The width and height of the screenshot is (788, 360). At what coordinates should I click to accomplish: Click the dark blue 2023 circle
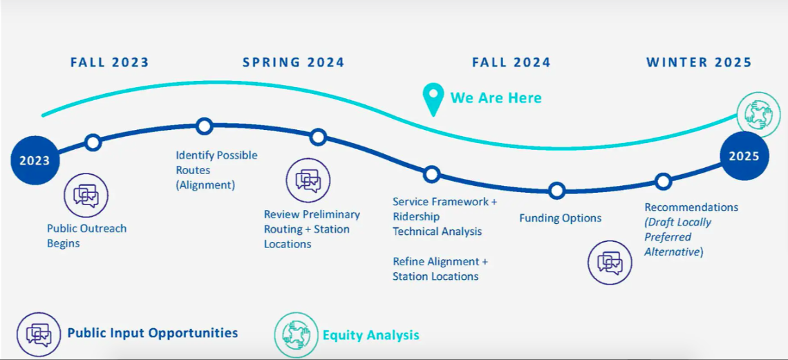[x=35, y=160]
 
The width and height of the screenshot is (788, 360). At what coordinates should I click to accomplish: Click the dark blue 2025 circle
[x=744, y=156]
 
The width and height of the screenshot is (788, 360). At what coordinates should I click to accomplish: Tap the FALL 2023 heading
[x=109, y=62]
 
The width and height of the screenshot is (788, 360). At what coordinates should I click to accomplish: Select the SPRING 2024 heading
[x=294, y=62]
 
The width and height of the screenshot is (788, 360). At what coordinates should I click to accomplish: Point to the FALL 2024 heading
[x=511, y=62]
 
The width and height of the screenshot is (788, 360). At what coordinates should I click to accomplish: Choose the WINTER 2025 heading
[x=699, y=62]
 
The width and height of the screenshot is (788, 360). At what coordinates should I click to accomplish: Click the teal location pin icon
[x=433, y=100]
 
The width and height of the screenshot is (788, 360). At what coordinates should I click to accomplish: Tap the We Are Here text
[x=496, y=97]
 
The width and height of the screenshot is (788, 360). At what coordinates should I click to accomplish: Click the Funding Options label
[x=561, y=218]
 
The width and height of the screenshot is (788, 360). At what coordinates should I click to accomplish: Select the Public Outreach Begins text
[x=87, y=236]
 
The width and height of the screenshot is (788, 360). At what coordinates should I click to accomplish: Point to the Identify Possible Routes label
[x=216, y=170]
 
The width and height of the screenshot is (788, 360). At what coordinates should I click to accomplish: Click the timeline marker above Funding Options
[x=557, y=191]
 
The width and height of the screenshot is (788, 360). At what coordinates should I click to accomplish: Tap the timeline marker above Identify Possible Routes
[x=204, y=126]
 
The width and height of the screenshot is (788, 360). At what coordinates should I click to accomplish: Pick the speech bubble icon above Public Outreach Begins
[x=86, y=196]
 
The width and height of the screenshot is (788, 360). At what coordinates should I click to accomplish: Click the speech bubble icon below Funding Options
[x=610, y=262]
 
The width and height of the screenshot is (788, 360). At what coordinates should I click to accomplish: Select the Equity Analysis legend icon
[x=296, y=334]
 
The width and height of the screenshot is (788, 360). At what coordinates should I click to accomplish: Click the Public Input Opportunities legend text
[x=153, y=333]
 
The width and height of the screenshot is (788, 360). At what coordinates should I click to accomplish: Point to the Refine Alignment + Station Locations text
[x=440, y=269]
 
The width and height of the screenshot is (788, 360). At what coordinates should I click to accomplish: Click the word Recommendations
[x=691, y=207]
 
